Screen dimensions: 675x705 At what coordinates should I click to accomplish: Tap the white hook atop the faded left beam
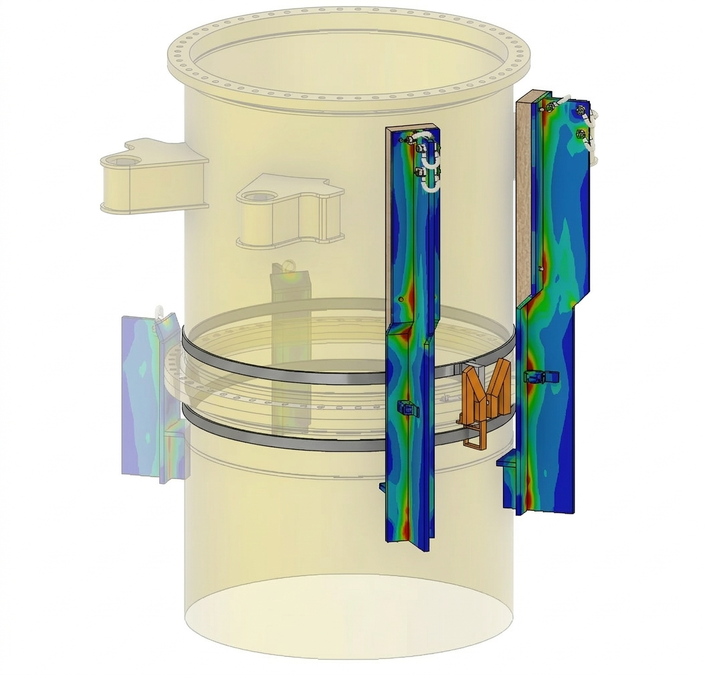click(160, 312)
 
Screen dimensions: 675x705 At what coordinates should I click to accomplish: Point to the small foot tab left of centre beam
click(383, 486)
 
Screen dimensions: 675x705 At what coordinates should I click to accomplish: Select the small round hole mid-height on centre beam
click(400, 299)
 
